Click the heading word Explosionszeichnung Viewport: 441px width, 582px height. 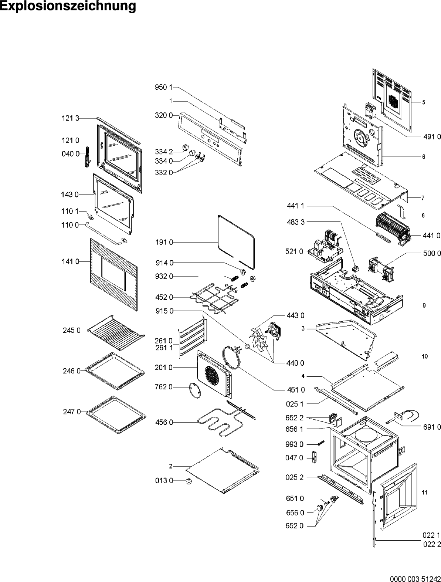tap(68, 6)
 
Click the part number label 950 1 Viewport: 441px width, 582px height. tap(163, 87)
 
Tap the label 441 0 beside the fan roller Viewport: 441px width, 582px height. tap(431, 235)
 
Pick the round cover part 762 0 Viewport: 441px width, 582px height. tap(195, 390)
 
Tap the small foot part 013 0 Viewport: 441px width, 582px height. tap(189, 481)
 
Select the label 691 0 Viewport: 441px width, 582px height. tap(431, 427)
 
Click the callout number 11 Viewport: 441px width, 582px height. tap(424, 493)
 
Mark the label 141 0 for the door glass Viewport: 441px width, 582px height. tap(70, 262)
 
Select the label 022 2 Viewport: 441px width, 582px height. tap(431, 544)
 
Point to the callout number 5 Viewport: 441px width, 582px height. tap(424, 102)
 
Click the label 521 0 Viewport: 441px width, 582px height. tap(294, 251)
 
